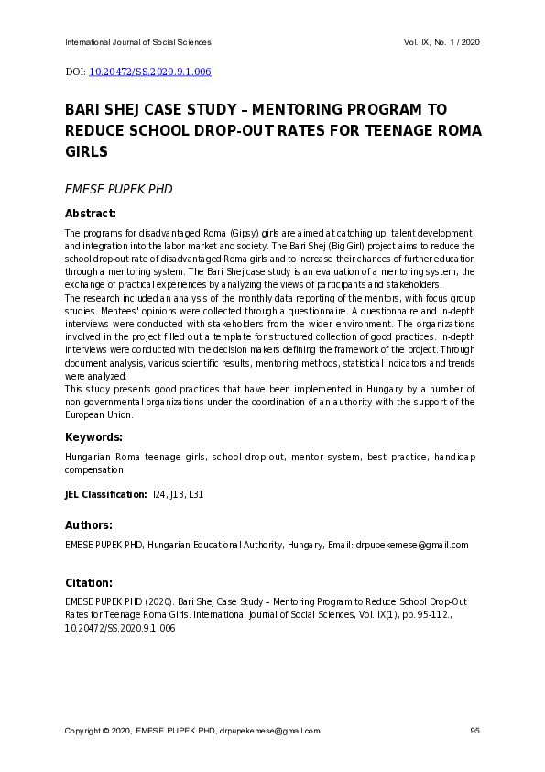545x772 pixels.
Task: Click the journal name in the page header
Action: click(137, 43)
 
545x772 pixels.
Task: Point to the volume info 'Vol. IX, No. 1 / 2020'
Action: click(441, 43)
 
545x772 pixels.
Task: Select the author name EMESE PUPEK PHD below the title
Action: click(118, 190)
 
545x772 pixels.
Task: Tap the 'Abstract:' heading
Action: click(90, 214)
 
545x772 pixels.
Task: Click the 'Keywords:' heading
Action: click(93, 437)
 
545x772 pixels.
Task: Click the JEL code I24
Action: click(160, 495)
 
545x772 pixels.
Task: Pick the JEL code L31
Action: click(195, 495)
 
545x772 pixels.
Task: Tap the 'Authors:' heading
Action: click(89, 525)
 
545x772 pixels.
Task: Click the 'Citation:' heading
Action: click(89, 582)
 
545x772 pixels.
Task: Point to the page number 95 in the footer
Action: click(474, 731)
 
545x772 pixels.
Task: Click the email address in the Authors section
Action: click(411, 545)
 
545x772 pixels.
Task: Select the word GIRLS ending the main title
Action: click(86, 151)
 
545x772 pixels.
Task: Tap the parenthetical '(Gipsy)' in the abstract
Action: click(242, 234)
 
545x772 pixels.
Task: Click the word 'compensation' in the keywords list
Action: click(93, 469)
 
